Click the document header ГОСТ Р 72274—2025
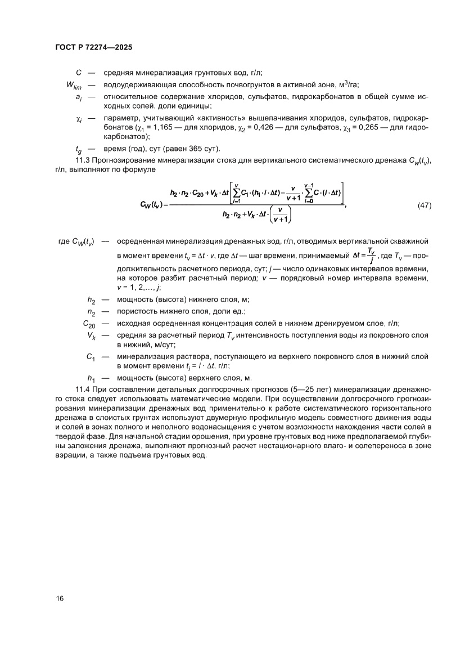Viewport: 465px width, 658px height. [x=94, y=49]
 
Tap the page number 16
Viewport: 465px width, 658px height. [x=60, y=598]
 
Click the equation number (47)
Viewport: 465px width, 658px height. [x=425, y=205]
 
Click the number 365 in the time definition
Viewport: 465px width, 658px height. [x=186, y=149]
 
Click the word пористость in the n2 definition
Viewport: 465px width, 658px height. [x=137, y=311]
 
